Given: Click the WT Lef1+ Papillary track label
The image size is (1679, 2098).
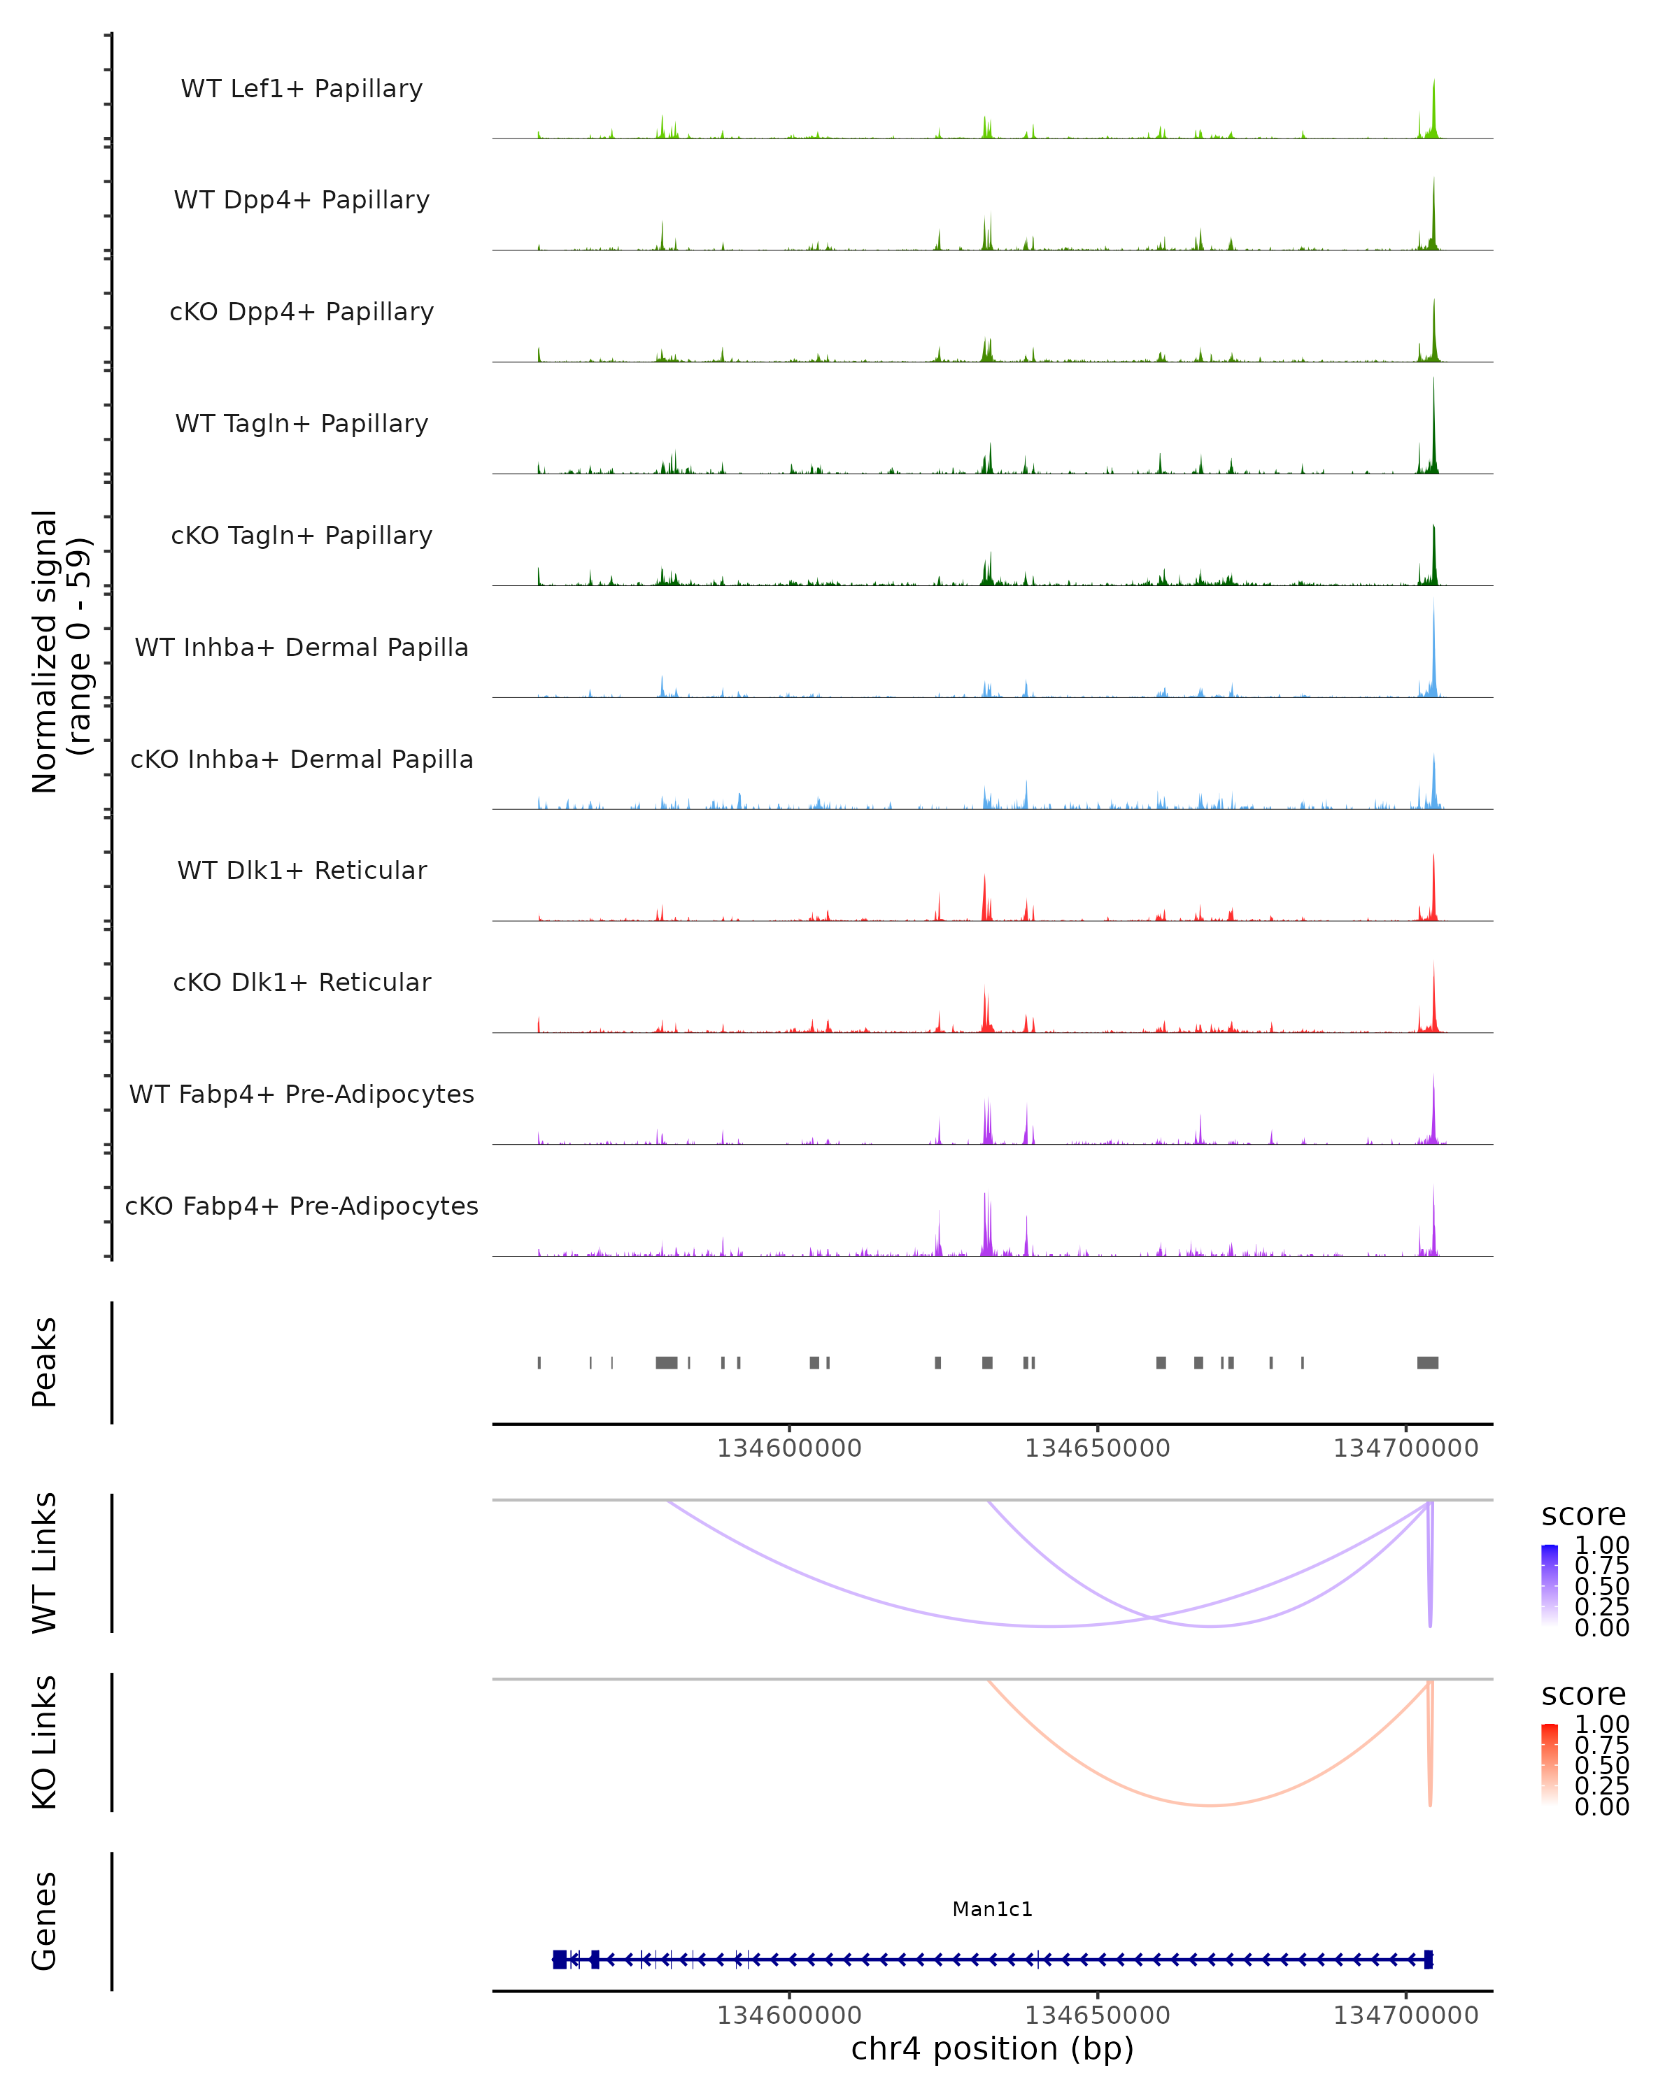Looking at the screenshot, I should [x=302, y=89].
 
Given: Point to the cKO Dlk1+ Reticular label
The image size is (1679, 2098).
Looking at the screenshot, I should [x=302, y=982].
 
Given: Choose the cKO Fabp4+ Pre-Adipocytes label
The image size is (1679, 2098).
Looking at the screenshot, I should [x=302, y=1206].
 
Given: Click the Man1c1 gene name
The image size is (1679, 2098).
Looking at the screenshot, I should [x=992, y=1909].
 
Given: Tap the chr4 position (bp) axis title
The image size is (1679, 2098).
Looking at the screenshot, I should [x=992, y=2048].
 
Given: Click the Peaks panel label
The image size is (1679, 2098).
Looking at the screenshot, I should [x=45, y=1362].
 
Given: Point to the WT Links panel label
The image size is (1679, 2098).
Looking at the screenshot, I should [x=45, y=1563].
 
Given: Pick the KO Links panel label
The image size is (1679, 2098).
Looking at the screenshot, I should [x=45, y=1742].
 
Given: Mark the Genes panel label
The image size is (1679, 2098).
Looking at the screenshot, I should [x=45, y=1921].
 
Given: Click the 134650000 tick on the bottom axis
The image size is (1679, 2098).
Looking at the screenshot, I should [x=1097, y=2015].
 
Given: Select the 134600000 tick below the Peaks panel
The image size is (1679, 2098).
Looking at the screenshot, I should [x=789, y=1448].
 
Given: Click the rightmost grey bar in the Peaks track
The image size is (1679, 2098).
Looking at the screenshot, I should [x=1427, y=1362].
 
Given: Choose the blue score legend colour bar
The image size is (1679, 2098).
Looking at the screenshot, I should [x=1550, y=1585].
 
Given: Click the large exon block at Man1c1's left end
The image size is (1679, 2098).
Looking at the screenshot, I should [x=560, y=1960].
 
